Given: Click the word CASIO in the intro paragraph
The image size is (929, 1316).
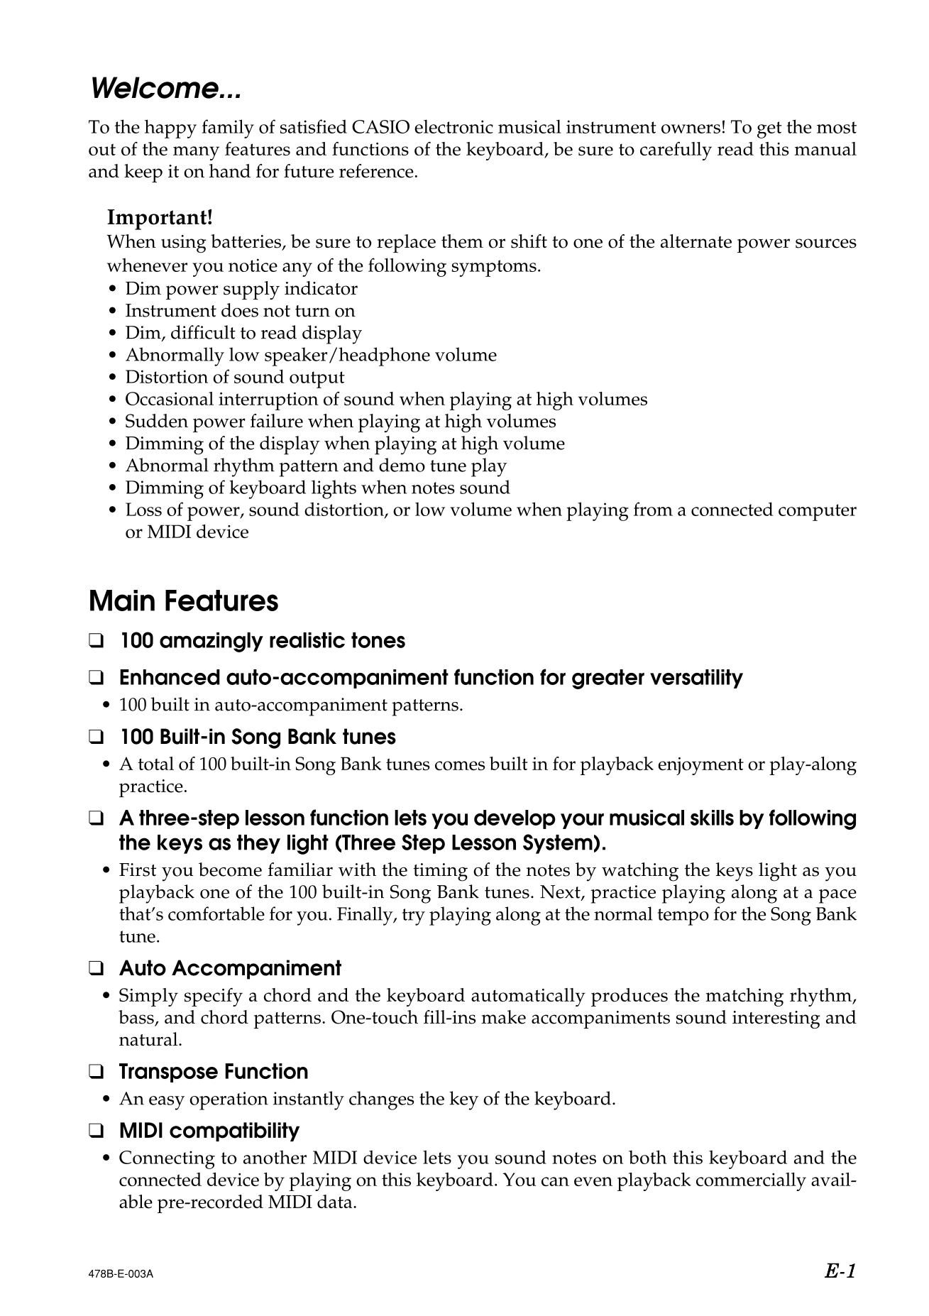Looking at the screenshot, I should pyautogui.click(x=380, y=128).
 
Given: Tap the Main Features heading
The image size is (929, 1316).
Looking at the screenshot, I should pyautogui.click(x=183, y=601).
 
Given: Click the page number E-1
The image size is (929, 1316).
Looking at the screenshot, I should pyautogui.click(x=841, y=1271).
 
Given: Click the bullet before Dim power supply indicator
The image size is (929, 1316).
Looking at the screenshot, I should pyautogui.click(x=114, y=290).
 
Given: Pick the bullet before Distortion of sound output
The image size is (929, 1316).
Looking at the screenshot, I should pyautogui.click(x=114, y=378).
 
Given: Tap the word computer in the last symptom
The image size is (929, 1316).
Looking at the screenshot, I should pyautogui.click(x=818, y=510).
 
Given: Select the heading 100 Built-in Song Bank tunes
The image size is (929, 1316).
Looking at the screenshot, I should pyautogui.click(x=257, y=737).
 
